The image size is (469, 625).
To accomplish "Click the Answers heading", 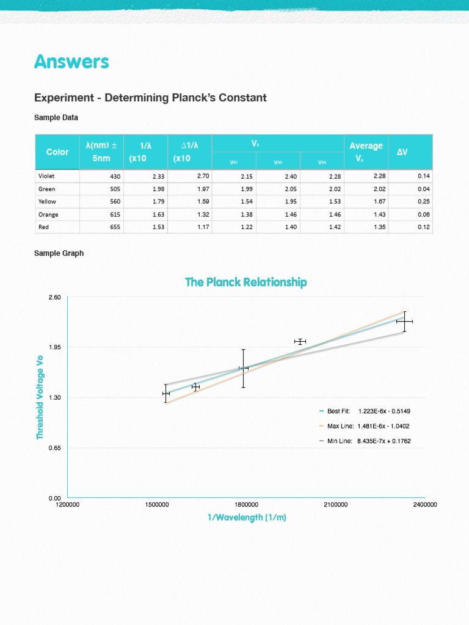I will point(71,62).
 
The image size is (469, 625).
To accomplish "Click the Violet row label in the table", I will point(47,176).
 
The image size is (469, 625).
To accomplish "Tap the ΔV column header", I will point(402,151).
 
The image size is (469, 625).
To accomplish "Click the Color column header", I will point(57,151).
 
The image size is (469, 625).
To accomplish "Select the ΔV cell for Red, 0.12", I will point(424,227).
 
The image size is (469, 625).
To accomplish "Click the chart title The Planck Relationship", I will point(245,282).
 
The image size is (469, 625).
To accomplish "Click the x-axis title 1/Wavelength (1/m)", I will point(247,518).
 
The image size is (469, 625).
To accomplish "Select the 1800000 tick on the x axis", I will point(246,505).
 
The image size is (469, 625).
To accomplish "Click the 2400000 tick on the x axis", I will point(424,505).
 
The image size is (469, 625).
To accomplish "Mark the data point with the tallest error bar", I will point(243,368).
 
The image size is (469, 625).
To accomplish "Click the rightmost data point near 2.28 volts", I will point(404,321).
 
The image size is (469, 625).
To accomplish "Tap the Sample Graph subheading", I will point(59,253).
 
